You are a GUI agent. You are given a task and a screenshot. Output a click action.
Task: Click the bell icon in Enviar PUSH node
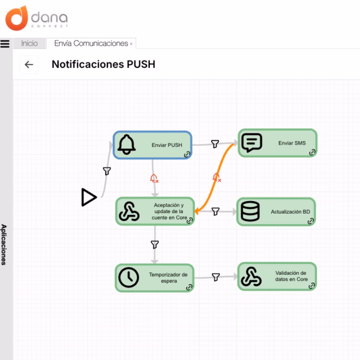tap(126, 145)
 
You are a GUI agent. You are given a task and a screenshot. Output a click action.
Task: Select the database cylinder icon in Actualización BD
tap(250, 211)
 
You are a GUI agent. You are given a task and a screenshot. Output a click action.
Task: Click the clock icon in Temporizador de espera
tap(128, 277)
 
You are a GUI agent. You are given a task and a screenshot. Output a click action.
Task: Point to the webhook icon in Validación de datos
tap(251, 277)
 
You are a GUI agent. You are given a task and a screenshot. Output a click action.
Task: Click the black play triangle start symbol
tap(89, 197)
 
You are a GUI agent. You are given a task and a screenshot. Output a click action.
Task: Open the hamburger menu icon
tap(5, 44)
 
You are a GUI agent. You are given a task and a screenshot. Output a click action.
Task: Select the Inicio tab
tap(29, 43)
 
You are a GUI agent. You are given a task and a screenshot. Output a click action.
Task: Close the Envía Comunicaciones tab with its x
tap(131, 44)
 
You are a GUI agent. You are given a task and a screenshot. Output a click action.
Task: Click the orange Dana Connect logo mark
tap(17, 19)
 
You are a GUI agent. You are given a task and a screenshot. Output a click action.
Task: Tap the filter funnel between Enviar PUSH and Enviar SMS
tap(215, 144)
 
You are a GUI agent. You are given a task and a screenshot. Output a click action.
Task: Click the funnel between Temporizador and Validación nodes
tap(216, 277)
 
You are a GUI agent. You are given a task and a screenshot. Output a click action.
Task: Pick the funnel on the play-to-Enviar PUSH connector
tap(107, 171)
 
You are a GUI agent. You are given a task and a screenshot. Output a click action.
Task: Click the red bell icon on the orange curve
tap(217, 178)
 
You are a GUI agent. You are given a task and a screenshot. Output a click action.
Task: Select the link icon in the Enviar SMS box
tap(312, 152)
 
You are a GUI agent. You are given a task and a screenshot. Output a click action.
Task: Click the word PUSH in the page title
tap(141, 64)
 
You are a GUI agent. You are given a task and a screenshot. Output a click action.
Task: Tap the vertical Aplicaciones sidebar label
tap(4, 245)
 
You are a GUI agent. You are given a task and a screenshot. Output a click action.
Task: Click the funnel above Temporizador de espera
tap(155, 245)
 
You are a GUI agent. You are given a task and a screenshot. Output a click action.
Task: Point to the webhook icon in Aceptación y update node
tap(129, 211)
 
